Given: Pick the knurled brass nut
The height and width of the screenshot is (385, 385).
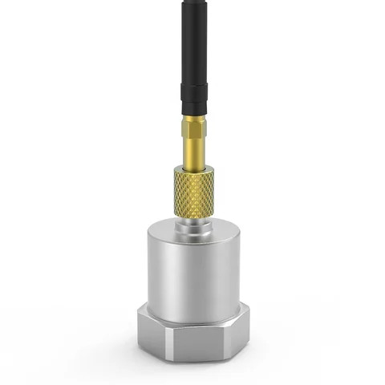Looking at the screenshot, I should (x=193, y=192).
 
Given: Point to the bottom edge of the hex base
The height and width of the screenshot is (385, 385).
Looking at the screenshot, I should (x=192, y=359).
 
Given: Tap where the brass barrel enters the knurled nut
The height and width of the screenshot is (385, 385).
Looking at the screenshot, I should (x=192, y=168).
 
